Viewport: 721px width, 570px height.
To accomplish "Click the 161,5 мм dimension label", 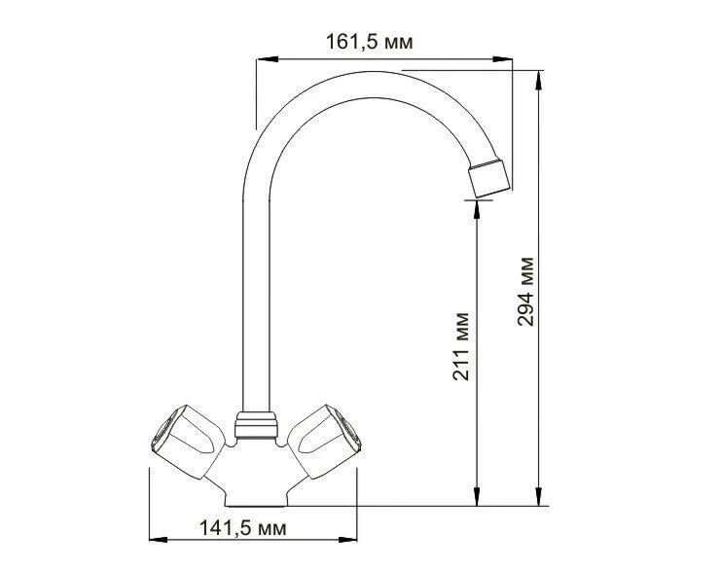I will (370, 42).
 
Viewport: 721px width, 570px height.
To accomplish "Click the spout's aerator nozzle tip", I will (488, 176).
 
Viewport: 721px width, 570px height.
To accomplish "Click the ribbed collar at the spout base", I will (256, 425).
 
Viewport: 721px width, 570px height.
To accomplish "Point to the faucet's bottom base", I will (256, 496).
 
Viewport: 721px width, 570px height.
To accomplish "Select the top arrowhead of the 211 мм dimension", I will (476, 205).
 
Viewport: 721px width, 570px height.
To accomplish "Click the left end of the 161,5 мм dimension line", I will (256, 60).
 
